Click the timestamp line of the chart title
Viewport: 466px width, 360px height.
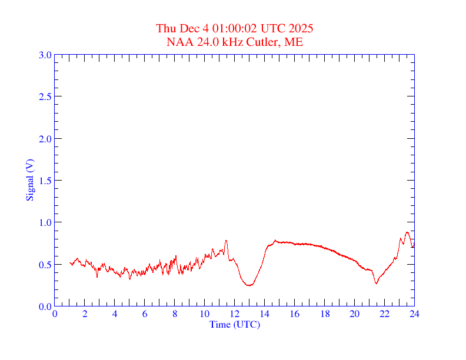pos(234,29)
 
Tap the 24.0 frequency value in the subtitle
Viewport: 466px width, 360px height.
pos(202,42)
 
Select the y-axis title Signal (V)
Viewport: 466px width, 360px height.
pos(29,180)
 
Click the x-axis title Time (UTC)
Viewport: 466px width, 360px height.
pos(234,324)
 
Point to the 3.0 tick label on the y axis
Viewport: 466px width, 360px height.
pos(45,55)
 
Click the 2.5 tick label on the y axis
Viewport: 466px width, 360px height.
pos(45,97)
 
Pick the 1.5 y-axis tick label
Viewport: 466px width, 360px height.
pos(45,181)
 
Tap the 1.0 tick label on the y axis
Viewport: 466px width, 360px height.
pos(45,222)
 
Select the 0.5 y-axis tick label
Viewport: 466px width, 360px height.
pos(45,265)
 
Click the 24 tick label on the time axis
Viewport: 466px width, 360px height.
pos(414,314)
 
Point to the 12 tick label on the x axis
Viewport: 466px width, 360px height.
pos(235,314)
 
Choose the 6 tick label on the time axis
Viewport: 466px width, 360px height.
pos(145,314)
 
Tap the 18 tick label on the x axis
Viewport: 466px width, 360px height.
pos(325,314)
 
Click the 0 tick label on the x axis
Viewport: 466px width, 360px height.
pos(55,314)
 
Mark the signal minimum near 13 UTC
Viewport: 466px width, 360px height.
pos(249,285)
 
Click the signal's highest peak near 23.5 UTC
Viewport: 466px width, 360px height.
pos(407,232)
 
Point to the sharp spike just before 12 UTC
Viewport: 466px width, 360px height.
pos(226,241)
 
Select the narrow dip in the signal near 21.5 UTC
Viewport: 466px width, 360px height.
pos(376,284)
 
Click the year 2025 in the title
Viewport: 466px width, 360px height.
pos(301,29)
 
